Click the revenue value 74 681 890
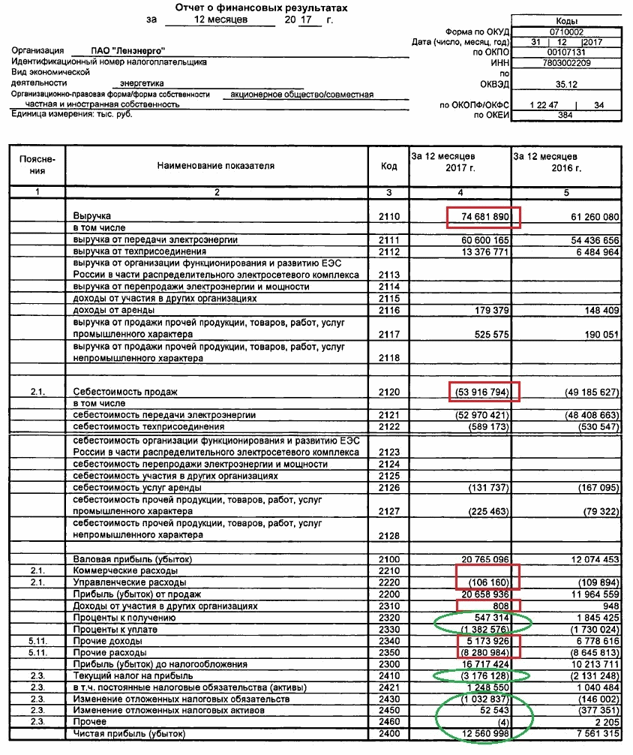click(483, 217)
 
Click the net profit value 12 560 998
click(483, 733)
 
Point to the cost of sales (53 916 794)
click(483, 392)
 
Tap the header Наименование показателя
click(216, 165)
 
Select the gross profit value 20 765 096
click(483, 560)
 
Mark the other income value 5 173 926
click(483, 641)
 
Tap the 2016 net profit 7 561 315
click(588, 733)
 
